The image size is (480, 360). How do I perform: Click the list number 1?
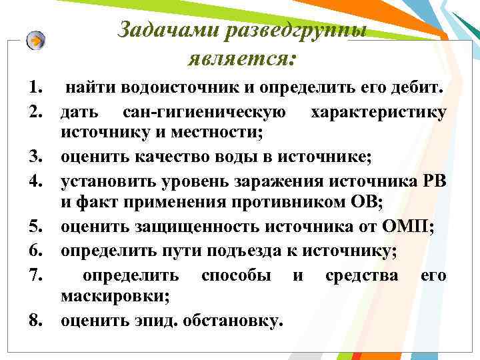pos(35,88)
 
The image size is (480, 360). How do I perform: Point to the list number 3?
pos(35,157)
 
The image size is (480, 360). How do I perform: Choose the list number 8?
pos(35,321)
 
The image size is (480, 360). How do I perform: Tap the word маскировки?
pos(112,297)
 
